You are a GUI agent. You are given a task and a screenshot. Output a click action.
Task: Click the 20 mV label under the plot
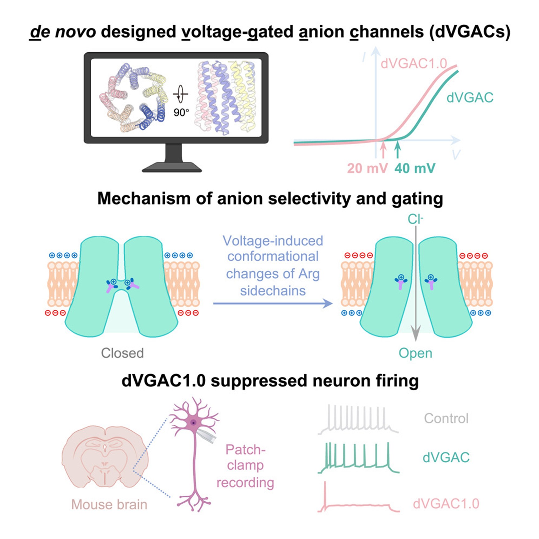point(367,169)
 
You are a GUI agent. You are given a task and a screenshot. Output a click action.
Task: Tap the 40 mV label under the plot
point(415,169)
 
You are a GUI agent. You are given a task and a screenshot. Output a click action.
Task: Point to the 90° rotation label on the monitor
point(181,112)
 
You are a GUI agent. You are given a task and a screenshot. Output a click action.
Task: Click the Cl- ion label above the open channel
point(415,219)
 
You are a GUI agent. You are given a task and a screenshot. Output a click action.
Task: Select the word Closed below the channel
point(122,353)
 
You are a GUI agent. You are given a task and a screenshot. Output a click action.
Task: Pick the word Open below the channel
point(415,353)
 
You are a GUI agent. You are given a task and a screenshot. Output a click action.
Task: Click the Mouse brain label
point(109,504)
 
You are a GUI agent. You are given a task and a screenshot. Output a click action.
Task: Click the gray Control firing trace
point(358,419)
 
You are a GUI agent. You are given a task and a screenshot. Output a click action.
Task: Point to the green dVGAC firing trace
point(358,460)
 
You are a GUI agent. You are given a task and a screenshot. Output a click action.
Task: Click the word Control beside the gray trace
point(446,418)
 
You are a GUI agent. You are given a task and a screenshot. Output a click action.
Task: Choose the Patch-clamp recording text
point(246,466)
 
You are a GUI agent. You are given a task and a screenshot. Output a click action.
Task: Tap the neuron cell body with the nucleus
point(194,423)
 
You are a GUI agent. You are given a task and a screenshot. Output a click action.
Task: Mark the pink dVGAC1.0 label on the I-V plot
point(414,64)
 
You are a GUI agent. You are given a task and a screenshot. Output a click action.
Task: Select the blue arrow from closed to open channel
point(273,303)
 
